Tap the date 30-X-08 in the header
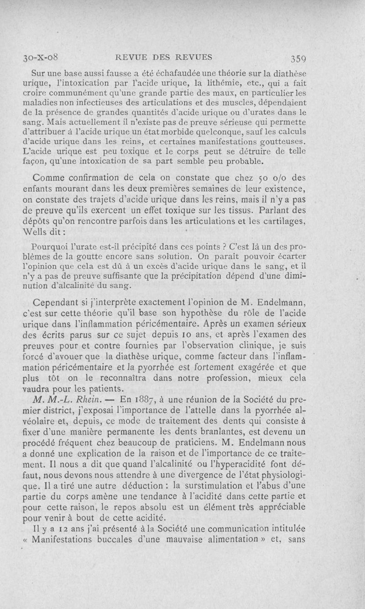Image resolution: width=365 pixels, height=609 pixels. (x=42, y=57)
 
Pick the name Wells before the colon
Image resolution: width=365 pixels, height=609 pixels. (x=35, y=231)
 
